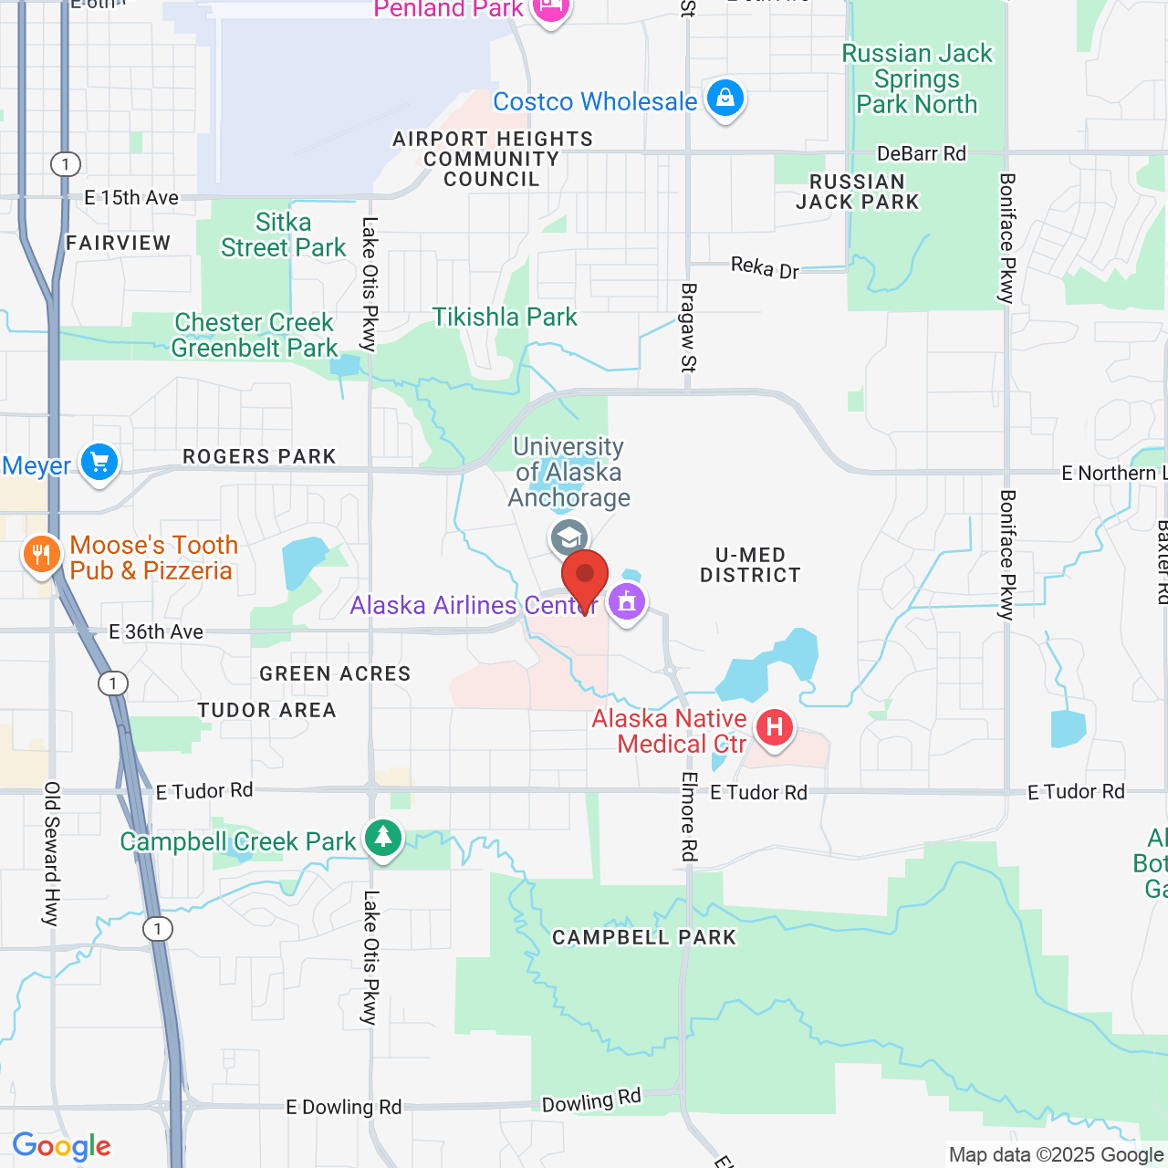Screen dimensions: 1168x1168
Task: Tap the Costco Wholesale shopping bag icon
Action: click(x=725, y=97)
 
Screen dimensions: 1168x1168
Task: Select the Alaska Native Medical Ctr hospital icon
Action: click(x=775, y=727)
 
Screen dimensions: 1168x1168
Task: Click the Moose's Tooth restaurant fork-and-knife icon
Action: click(x=41, y=553)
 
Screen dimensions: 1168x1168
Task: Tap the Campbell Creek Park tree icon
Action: click(x=383, y=837)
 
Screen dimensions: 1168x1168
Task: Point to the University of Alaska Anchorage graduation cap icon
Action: click(x=569, y=537)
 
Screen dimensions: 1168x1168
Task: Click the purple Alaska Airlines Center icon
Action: click(x=627, y=601)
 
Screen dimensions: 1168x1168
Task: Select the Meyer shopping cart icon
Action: click(x=99, y=462)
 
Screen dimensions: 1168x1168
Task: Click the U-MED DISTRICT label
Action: click(x=750, y=565)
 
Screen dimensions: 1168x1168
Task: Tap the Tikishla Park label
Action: click(x=505, y=317)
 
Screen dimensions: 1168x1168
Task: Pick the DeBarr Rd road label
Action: click(x=921, y=153)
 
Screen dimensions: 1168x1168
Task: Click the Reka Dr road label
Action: click(x=765, y=267)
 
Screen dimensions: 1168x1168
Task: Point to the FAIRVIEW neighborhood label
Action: click(x=119, y=243)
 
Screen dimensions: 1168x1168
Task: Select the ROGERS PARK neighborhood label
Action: click(x=259, y=456)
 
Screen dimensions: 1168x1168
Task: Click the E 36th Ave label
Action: click(x=156, y=631)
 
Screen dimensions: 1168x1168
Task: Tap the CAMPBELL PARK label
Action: click(x=644, y=937)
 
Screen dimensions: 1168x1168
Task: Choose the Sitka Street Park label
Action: click(x=283, y=235)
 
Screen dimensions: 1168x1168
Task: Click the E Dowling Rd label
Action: click(x=343, y=1107)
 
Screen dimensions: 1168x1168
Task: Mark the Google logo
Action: click(x=62, y=1146)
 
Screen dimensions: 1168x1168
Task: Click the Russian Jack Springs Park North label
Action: click(x=917, y=78)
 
